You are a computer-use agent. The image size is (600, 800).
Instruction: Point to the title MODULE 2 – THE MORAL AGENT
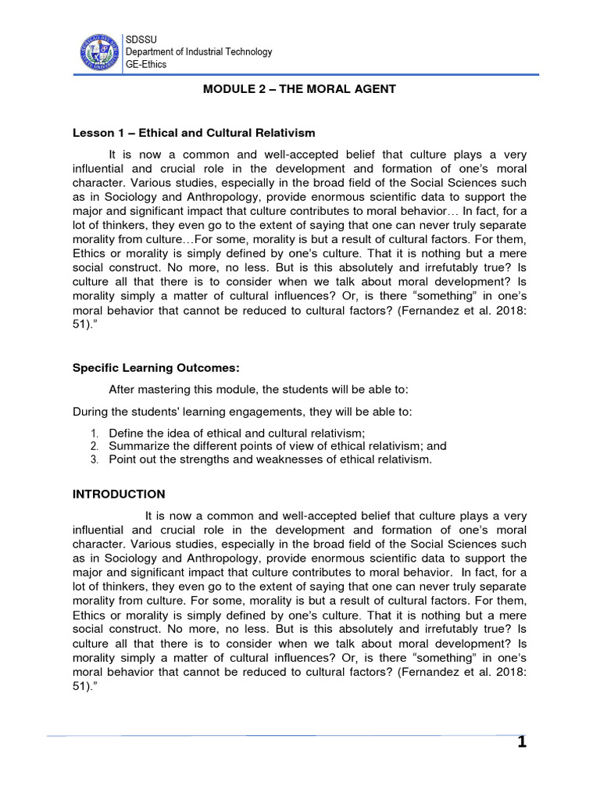pyautogui.click(x=299, y=89)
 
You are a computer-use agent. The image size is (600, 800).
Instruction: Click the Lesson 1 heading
pyautogui.click(x=194, y=133)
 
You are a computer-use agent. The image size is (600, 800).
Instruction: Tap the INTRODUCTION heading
pyautogui.click(x=119, y=494)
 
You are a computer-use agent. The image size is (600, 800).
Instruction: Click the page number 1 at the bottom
pyautogui.click(x=522, y=742)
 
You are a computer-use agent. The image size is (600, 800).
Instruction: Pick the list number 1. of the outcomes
pyautogui.click(x=93, y=433)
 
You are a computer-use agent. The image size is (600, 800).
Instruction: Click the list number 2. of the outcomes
pyautogui.click(x=93, y=446)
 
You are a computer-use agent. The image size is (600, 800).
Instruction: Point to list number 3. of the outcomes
pyautogui.click(x=93, y=459)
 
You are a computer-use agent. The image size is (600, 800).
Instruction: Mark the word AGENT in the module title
pyautogui.click(x=377, y=89)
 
